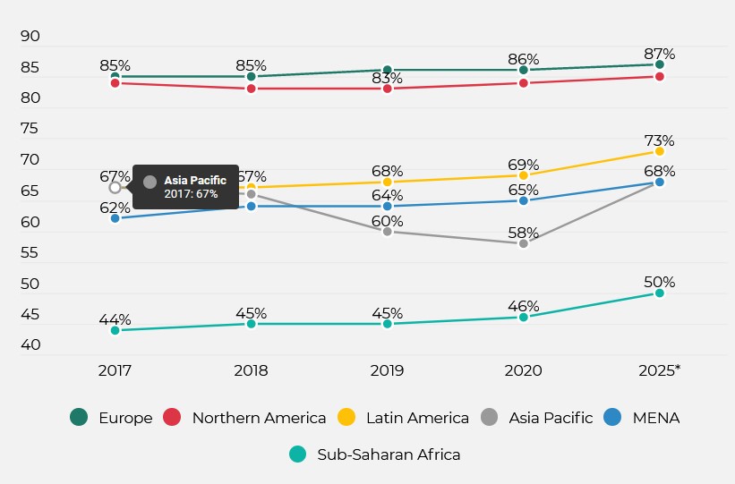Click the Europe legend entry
pyautogui.click(x=112, y=418)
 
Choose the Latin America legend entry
pyautogui.click(x=403, y=418)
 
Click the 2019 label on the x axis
pyautogui.click(x=387, y=370)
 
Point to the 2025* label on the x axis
pyautogui.click(x=660, y=370)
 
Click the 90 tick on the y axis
pyautogui.click(x=30, y=36)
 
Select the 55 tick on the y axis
pyautogui.click(x=30, y=253)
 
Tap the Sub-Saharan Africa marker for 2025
pyautogui.click(x=660, y=293)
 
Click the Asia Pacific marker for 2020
pyautogui.click(x=524, y=243)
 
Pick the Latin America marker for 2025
pyautogui.click(x=660, y=151)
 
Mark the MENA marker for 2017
pyautogui.click(x=115, y=218)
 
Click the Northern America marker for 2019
pyautogui.click(x=387, y=89)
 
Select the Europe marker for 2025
pyautogui.click(x=660, y=64)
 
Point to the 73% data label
pyautogui.click(x=660, y=140)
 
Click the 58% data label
pyautogui.click(x=524, y=233)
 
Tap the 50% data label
pyautogui.click(x=660, y=282)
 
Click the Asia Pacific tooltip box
pyautogui.click(x=185, y=187)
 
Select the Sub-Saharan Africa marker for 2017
pyautogui.click(x=115, y=330)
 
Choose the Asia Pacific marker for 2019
pyautogui.click(x=387, y=231)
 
